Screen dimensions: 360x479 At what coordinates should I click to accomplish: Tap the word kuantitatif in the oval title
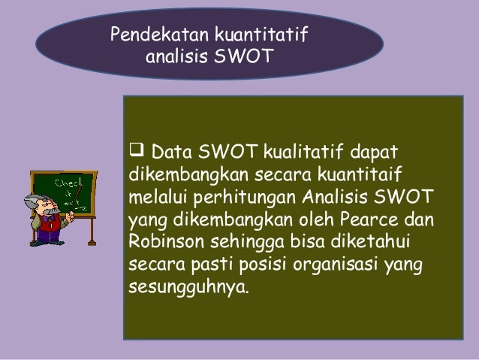point(261,35)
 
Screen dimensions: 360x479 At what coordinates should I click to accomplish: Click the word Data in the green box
point(171,153)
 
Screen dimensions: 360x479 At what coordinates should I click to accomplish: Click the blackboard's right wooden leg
point(92,229)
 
